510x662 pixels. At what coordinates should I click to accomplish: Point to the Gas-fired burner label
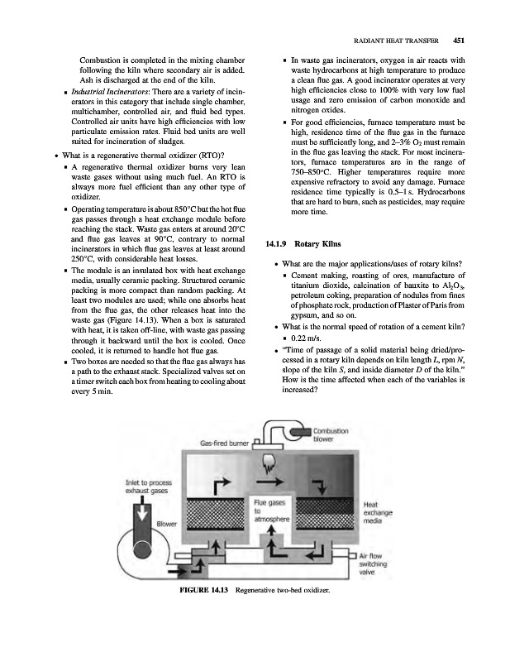[x=226, y=444]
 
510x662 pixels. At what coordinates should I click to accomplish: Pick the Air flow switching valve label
[x=378, y=564]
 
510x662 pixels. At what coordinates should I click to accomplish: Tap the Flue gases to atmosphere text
[x=270, y=509]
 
